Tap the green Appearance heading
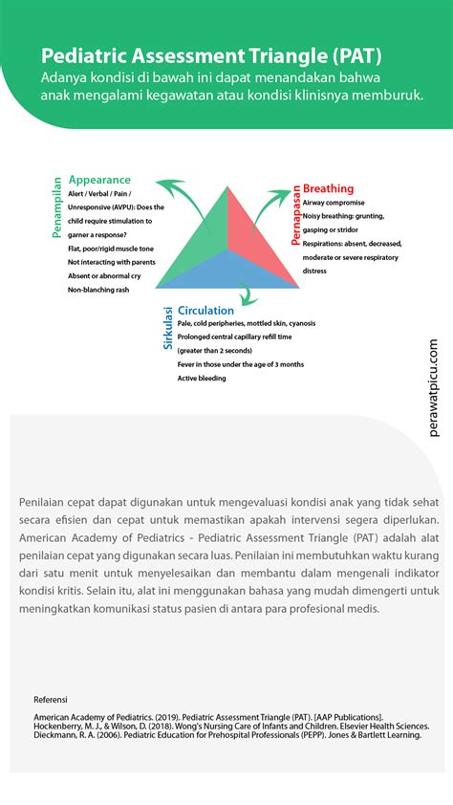pos(99,180)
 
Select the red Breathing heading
pos(328,188)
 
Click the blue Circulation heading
pos(205,310)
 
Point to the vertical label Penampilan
pos(57,207)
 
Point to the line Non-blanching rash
pos(98,289)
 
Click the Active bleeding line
pos(202,378)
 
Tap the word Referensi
pos(52,699)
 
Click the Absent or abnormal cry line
pos(104,275)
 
